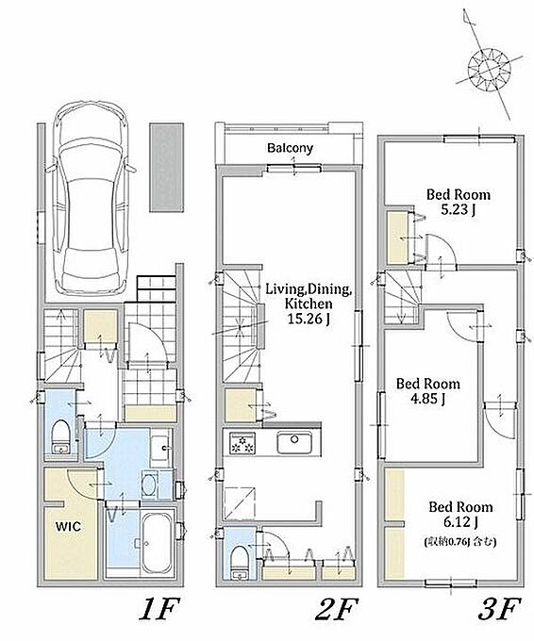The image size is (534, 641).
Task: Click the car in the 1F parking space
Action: point(91,199)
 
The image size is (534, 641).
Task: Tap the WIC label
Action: point(68,526)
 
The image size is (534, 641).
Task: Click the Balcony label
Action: point(290,148)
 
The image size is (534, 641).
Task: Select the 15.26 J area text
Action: point(309,319)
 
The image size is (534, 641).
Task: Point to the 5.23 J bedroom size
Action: point(459,209)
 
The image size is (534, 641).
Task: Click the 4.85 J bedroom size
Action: point(427,398)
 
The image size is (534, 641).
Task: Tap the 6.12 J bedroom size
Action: point(460,521)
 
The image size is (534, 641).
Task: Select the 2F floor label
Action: point(337,611)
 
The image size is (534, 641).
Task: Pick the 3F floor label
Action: point(499,611)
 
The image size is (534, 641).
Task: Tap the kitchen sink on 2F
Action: point(294,443)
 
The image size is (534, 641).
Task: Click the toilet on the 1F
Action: point(61,437)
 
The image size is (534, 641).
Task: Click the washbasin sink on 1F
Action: point(160,448)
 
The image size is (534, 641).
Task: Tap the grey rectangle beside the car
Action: point(167,167)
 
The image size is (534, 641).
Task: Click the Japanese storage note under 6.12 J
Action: point(460,542)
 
